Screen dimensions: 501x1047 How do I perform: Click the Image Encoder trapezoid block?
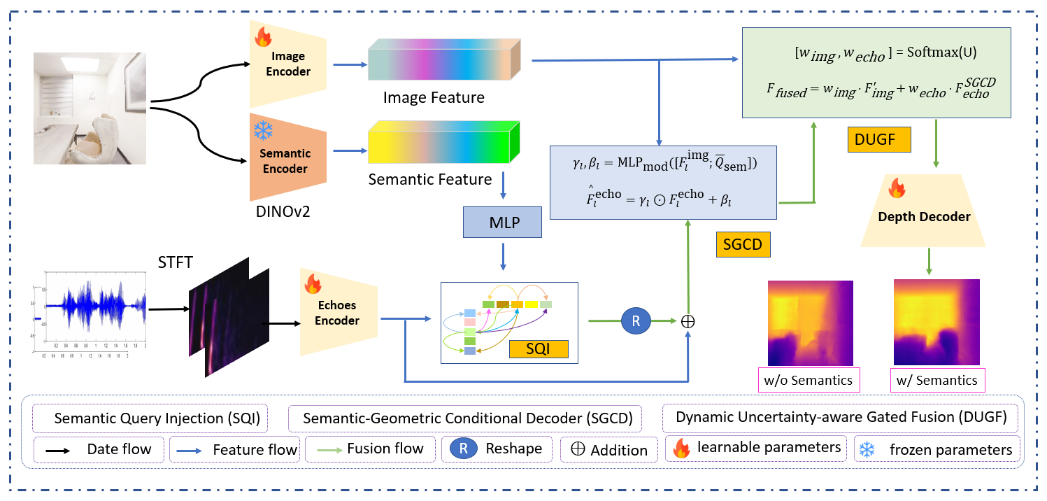point(288,64)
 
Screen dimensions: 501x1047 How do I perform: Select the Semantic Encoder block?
point(288,161)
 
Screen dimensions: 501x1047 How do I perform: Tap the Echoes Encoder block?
point(337,313)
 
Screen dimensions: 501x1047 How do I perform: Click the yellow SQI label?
point(538,348)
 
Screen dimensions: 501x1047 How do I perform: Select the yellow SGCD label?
point(743,244)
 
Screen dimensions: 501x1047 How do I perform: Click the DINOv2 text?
point(283,211)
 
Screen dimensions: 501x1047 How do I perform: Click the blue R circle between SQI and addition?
point(636,321)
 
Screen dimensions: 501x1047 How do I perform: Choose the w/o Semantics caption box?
point(809,380)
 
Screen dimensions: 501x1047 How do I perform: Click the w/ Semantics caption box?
point(937,380)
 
